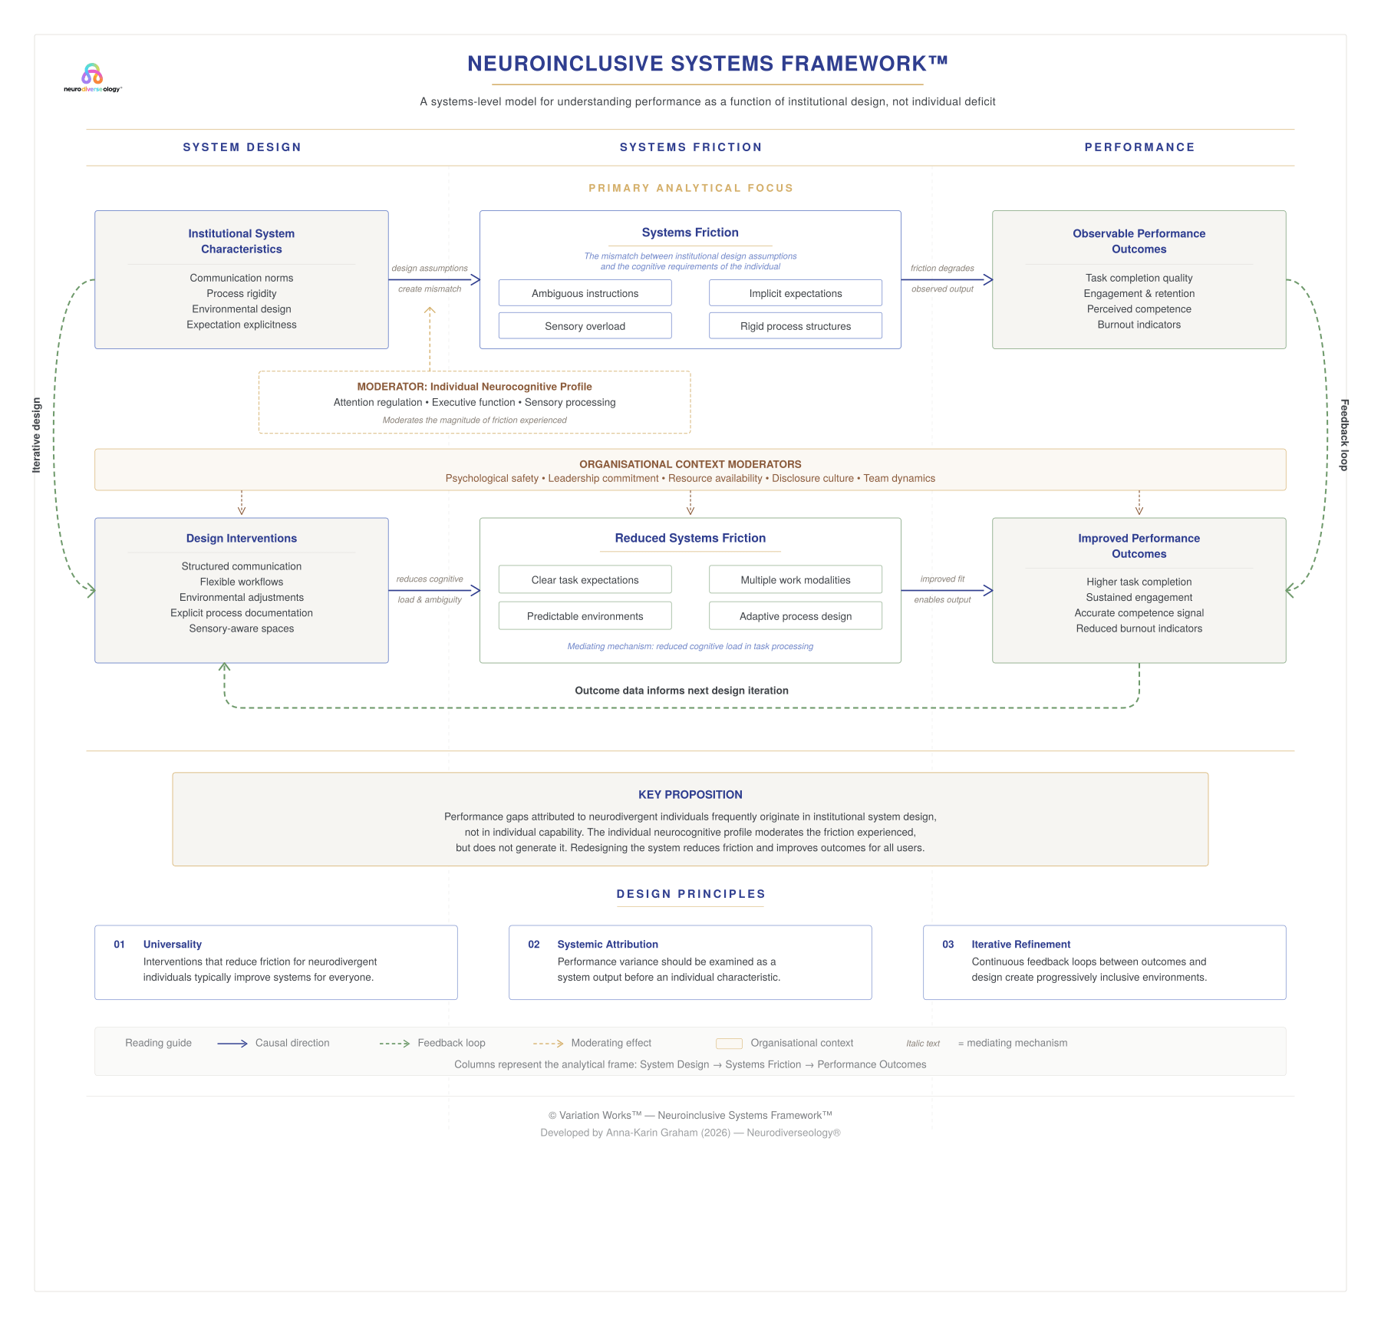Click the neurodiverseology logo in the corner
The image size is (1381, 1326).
92,78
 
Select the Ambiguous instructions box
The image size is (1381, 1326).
585,293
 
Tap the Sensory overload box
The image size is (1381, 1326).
585,326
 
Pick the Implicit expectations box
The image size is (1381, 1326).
795,293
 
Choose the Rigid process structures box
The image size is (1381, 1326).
795,326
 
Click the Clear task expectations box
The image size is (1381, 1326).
585,580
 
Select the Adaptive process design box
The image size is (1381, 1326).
795,616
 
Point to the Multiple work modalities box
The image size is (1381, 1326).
795,580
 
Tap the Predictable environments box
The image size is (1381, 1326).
585,616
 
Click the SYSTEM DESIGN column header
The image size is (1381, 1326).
242,147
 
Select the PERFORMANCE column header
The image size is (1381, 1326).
1139,147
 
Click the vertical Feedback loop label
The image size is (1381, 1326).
1343,434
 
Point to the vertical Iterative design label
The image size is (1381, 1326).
36,434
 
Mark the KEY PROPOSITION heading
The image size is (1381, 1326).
690,795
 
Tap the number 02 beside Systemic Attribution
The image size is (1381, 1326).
534,945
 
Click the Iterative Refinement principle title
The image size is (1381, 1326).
1020,945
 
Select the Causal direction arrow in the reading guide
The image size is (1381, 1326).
232,1044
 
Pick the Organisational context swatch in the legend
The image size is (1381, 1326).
729,1044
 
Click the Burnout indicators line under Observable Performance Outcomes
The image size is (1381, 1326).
1139,325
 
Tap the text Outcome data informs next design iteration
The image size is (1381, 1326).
681,691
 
